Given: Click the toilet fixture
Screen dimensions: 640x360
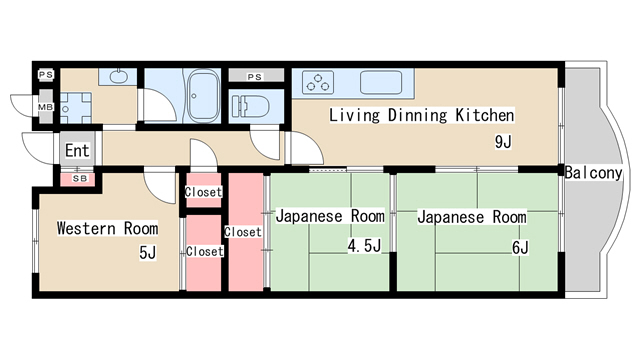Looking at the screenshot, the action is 250,107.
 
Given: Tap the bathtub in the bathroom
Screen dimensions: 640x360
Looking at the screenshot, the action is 203,96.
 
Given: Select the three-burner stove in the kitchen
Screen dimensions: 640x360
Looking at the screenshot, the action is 318,82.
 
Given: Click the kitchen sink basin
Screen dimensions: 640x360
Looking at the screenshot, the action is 381,82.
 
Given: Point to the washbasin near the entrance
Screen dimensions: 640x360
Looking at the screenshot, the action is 118,76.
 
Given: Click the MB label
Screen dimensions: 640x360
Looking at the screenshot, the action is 46,107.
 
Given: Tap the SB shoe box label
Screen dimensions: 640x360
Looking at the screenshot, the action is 80,179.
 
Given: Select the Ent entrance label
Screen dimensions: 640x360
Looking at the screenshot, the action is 77,151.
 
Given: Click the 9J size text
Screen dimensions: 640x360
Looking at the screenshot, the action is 503,142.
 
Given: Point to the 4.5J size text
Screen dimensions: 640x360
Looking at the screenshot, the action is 364,246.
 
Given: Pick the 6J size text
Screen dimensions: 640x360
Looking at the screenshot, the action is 520,248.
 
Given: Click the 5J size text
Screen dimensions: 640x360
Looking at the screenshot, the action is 147,253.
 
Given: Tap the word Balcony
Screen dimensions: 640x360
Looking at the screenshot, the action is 593,173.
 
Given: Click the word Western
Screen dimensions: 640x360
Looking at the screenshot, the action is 86,229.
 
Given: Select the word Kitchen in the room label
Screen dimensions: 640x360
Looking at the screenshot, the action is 485,116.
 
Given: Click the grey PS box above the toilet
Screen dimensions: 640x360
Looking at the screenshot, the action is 256,76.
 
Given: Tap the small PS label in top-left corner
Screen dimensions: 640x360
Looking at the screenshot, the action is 46,75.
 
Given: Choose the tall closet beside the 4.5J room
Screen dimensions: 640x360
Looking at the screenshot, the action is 245,232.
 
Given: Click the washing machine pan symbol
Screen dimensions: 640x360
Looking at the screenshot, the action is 76,108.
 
